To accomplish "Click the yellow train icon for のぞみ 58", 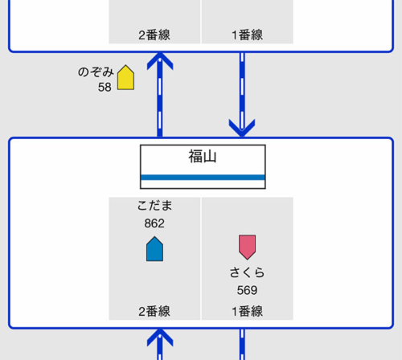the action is [x=125, y=77].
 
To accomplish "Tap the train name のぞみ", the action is [x=96, y=72].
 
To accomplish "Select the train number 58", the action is [x=105, y=88].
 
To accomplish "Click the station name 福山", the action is [x=203, y=157].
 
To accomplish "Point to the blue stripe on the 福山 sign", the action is [x=203, y=178].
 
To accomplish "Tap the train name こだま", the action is [x=154, y=206].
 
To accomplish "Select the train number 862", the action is [x=154, y=223].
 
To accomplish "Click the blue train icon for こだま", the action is [x=154, y=249].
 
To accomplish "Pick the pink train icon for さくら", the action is [x=248, y=247].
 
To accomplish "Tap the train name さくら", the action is [x=247, y=272].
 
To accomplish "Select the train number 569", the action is [x=247, y=290].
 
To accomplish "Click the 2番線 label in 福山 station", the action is [x=154, y=312].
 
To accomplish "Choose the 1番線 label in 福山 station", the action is [x=247, y=312].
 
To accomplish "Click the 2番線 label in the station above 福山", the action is [x=154, y=35].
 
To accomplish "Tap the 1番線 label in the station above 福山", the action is [x=247, y=35].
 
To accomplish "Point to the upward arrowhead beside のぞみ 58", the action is [x=160, y=60].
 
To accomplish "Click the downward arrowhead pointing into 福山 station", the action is [x=242, y=128].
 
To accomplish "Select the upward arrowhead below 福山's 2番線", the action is [x=160, y=337].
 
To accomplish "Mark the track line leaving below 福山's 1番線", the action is [x=242, y=345].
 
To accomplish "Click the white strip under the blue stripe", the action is [x=203, y=184].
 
